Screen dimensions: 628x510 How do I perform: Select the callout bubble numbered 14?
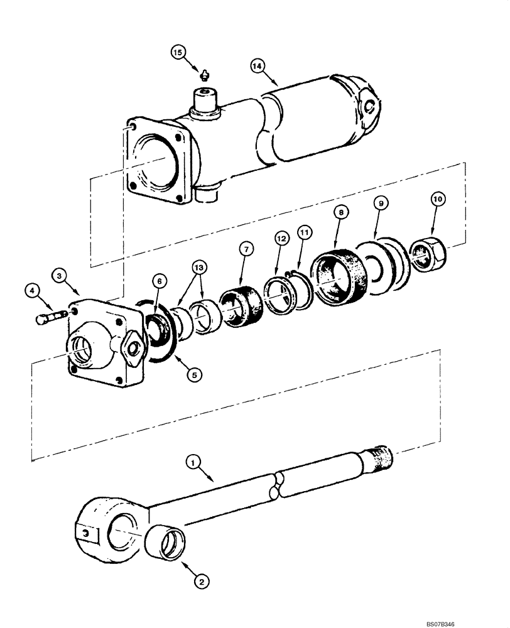(256, 65)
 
